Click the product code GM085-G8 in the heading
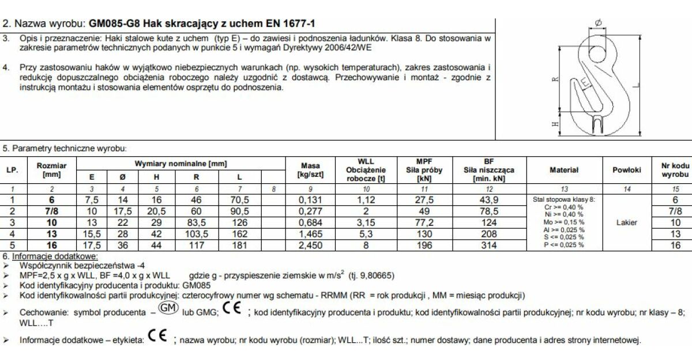point(114,24)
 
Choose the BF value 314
point(488,244)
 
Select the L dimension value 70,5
point(239,200)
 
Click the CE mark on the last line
point(157,336)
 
